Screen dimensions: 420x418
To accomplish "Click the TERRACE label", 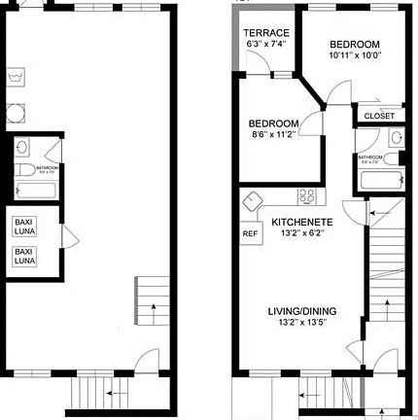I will (264, 32).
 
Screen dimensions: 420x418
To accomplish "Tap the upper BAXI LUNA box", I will (23, 227).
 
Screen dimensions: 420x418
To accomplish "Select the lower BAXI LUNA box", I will (23, 256).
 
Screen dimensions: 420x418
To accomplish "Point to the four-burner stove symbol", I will (307, 197).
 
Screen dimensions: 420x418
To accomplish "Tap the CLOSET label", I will (378, 116).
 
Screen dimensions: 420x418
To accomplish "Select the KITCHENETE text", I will (302, 222).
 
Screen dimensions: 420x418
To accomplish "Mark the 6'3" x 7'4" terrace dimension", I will (264, 44).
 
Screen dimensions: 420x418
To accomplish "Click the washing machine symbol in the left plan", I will (15, 77).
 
